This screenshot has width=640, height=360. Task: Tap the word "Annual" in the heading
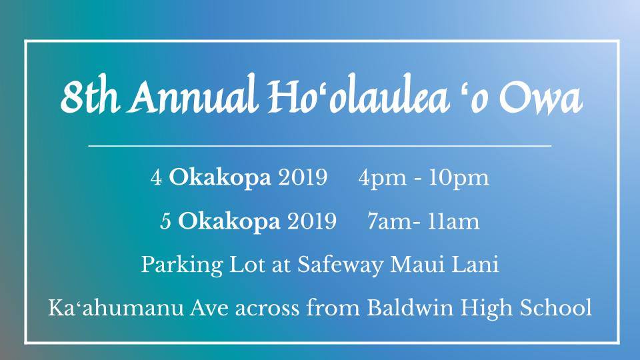(193, 95)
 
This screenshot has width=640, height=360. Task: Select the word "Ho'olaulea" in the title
(357, 95)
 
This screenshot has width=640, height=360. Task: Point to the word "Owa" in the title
(541, 99)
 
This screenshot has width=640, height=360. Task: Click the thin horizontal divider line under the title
(319, 145)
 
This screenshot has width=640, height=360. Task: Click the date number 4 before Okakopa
(156, 177)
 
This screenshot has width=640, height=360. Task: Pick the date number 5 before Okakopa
(165, 221)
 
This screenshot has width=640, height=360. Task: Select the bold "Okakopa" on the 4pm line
(220, 177)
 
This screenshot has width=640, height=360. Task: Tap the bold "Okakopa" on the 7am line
(229, 221)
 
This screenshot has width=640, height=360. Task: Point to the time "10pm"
(459, 179)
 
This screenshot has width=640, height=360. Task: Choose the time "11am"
(453, 221)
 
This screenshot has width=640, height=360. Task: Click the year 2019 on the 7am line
(312, 221)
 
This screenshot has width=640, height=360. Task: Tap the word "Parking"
(181, 265)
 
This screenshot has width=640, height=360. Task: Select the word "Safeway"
(341, 265)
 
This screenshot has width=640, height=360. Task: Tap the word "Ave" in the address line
(209, 308)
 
